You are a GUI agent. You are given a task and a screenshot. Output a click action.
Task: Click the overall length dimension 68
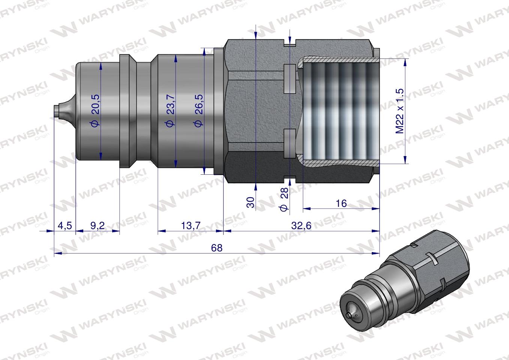pyautogui.click(x=217, y=248)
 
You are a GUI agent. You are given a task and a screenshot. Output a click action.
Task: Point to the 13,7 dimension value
pyautogui.click(x=191, y=225)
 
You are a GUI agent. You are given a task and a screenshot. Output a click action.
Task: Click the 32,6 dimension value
pyautogui.click(x=302, y=225)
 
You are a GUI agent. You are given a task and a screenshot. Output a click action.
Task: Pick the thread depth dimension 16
pyautogui.click(x=341, y=203)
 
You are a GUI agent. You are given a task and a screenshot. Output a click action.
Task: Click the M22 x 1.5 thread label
pyautogui.click(x=399, y=111)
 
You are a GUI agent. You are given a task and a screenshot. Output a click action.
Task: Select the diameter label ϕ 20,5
pyautogui.click(x=95, y=111)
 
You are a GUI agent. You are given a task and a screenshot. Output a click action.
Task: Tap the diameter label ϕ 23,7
pyautogui.click(x=170, y=111)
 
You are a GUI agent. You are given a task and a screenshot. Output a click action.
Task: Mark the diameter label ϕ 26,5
pyautogui.click(x=198, y=111)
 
